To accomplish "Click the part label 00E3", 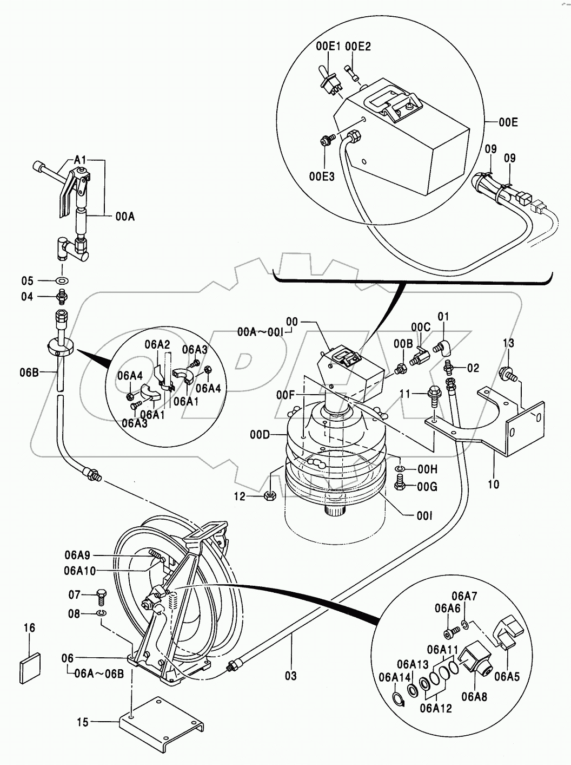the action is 322,176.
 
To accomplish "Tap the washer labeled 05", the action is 62,280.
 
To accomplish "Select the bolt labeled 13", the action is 507,374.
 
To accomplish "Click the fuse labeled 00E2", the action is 352,73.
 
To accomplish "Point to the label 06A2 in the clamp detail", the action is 158,345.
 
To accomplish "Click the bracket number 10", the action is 494,484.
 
